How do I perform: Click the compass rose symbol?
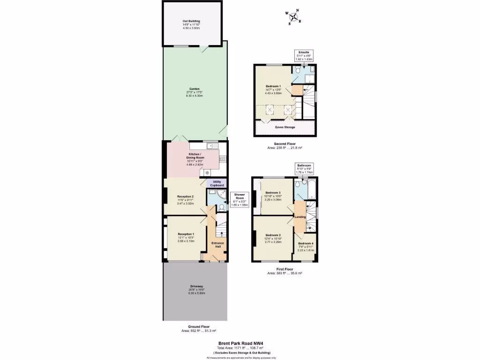tap(294, 17)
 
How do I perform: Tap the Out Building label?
tap(191, 21)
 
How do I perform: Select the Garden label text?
tap(195, 89)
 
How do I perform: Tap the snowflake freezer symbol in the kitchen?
tap(207, 173)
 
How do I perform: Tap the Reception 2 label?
tap(186, 196)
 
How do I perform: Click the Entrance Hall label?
tap(218, 243)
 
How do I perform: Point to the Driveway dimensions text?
tap(196, 292)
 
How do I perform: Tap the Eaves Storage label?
tap(285, 127)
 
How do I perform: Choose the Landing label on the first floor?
tap(300, 217)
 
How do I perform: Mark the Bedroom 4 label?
tap(306, 243)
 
